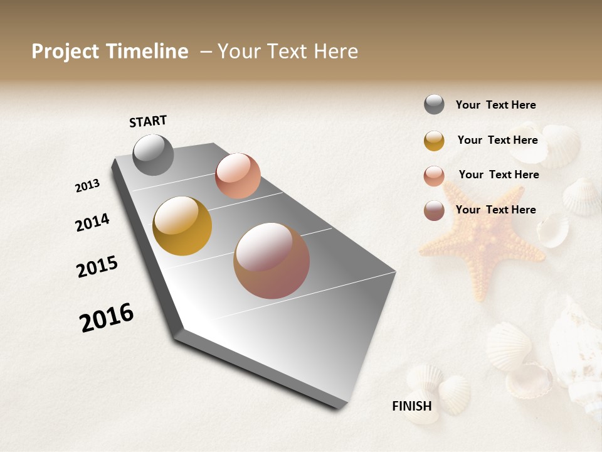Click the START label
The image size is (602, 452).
pyautogui.click(x=148, y=121)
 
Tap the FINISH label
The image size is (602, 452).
pyautogui.click(x=411, y=406)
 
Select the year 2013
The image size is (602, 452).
pyautogui.click(x=87, y=186)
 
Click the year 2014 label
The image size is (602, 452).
pyautogui.click(x=92, y=222)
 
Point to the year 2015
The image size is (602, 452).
pyautogui.click(x=97, y=267)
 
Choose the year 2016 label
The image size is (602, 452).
pyautogui.click(x=107, y=318)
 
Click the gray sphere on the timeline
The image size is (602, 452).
pyautogui.click(x=153, y=154)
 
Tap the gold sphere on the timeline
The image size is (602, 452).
pyautogui.click(x=182, y=226)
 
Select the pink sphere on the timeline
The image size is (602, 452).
pyautogui.click(x=238, y=176)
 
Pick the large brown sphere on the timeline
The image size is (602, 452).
pyautogui.click(x=272, y=261)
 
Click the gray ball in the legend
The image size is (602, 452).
pyautogui.click(x=434, y=104)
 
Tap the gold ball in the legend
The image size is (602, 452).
pyautogui.click(x=434, y=141)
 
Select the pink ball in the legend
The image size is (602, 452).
pyautogui.click(x=434, y=176)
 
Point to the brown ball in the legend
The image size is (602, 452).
pyautogui.click(x=434, y=210)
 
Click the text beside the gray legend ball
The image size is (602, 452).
pyautogui.click(x=495, y=105)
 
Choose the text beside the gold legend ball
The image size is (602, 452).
pyautogui.click(x=497, y=140)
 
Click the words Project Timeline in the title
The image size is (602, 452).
pyautogui.click(x=110, y=51)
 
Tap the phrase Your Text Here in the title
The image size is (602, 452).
pyautogui.click(x=288, y=51)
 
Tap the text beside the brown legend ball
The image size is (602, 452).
pyautogui.click(x=495, y=210)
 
